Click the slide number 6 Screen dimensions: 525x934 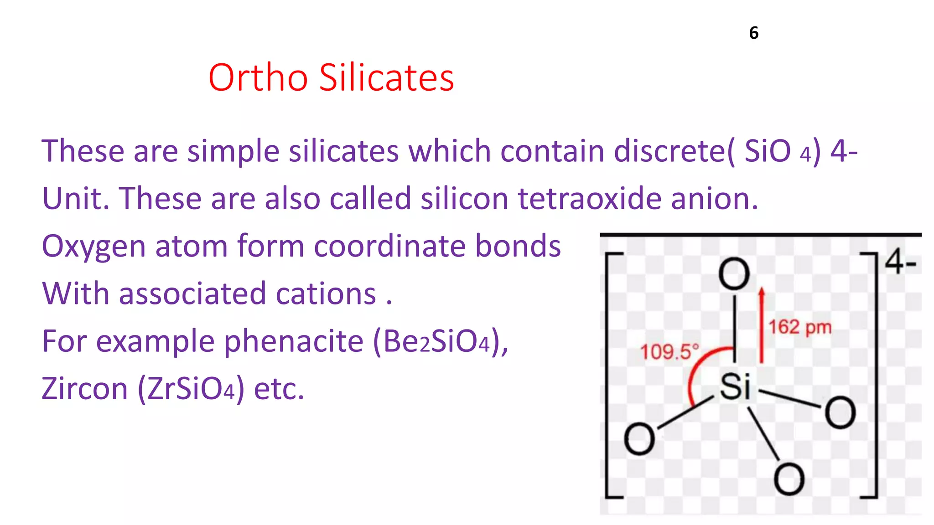(754, 33)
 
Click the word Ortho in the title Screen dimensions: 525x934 (258, 77)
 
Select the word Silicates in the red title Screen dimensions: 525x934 (386, 77)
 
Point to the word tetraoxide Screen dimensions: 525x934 (589, 199)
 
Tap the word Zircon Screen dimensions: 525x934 (85, 389)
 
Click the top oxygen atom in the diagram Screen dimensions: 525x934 (734, 274)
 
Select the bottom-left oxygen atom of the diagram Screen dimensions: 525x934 (639, 438)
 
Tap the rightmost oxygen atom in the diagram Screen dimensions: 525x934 (840, 412)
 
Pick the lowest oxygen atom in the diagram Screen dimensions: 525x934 (789, 479)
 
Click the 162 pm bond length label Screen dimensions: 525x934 (800, 327)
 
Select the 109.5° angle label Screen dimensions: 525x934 (669, 352)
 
